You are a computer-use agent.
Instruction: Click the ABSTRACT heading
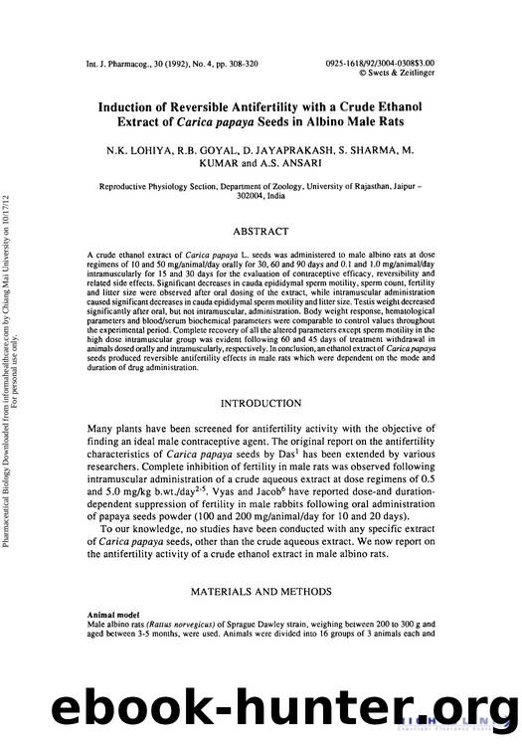[x=263, y=231]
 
